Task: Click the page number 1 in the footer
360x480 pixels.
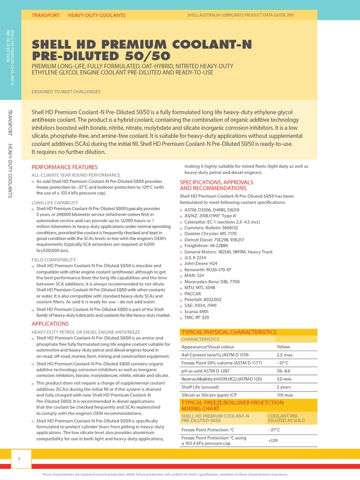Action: tap(20, 459)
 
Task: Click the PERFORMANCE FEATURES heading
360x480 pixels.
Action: tap(64, 167)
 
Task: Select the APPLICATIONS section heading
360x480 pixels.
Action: tap(50, 324)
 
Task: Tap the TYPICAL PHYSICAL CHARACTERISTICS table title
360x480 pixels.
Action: tap(229, 332)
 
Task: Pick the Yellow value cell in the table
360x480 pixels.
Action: tap(283, 347)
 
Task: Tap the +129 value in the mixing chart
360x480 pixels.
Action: tap(272, 441)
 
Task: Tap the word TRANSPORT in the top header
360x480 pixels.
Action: tap(45, 15)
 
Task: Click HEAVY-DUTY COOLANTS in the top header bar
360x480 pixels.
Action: tap(97, 15)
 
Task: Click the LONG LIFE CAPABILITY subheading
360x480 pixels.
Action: tap(54, 202)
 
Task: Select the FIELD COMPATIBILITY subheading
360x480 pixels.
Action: tap(53, 259)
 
